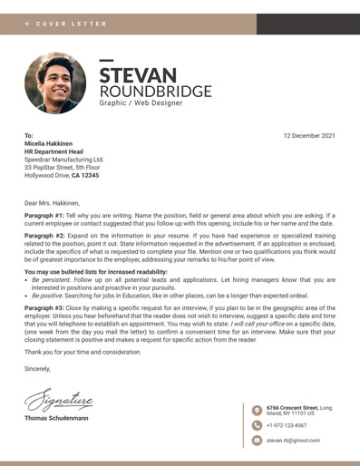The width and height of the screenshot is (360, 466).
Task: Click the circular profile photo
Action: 56,83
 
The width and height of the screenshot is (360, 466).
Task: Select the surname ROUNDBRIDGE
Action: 155,92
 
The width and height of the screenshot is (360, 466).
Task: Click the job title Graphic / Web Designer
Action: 141,105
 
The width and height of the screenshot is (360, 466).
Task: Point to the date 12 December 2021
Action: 308,136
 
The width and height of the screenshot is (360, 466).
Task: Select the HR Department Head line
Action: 60,151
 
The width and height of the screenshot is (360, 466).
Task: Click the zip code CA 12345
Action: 85,176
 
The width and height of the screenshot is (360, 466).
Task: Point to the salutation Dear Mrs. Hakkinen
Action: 52,202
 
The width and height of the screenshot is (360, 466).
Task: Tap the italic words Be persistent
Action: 51,281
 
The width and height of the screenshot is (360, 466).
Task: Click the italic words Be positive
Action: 48,295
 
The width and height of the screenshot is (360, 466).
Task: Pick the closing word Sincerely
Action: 38,370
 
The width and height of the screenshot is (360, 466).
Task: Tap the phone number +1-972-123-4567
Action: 287,425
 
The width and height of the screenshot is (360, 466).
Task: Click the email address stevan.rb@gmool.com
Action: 293,440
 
